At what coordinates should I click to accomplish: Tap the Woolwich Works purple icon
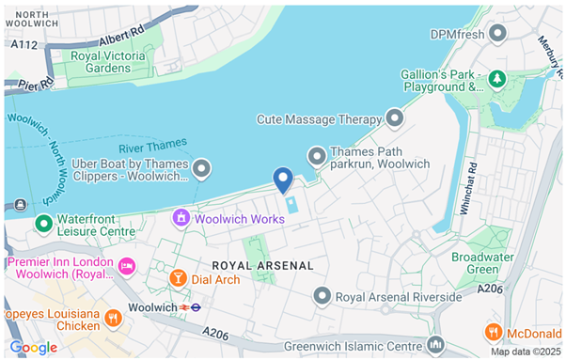(180, 218)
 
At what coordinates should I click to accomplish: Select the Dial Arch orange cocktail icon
(178, 277)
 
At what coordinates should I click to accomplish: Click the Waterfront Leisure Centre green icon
(42, 224)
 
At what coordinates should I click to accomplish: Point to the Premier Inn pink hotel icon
(128, 267)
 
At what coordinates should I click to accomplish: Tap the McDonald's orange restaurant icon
(494, 332)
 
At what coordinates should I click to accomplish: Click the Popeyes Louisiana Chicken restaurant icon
(113, 318)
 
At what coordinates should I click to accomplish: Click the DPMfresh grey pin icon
(498, 34)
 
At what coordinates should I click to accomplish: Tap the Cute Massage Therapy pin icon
(395, 118)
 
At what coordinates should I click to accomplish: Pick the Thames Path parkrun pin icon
(318, 156)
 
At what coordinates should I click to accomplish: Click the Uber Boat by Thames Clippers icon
(201, 169)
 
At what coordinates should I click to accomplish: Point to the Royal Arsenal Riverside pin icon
(322, 297)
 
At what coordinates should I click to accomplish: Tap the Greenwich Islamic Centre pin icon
(434, 344)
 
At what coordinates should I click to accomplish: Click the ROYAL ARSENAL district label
(262, 266)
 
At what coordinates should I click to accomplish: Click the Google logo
(34, 348)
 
